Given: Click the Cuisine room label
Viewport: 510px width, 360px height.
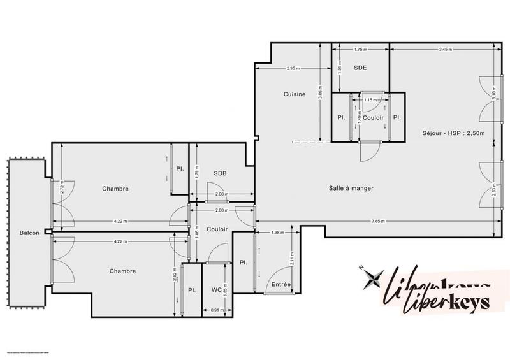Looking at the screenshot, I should tap(295, 94).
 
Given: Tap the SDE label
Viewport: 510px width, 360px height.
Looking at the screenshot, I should tap(360, 68).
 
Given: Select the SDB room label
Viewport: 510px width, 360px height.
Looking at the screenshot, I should tap(220, 173).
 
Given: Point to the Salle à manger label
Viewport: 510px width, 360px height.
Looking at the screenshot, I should tap(351, 188).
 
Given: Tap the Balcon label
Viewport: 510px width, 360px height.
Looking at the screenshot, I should tap(29, 233).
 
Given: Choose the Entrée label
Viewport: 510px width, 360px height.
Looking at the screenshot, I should tap(281, 284).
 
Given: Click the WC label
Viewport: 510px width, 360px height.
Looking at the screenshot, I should tap(216, 289).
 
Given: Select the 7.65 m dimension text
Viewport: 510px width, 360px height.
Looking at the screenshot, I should tap(379, 221).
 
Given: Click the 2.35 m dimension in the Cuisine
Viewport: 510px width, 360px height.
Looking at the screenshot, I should tap(293, 68).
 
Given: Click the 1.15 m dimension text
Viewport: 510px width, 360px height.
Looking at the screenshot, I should tap(368, 100).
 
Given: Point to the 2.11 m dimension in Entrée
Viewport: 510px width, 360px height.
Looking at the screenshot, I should tap(291, 257).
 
